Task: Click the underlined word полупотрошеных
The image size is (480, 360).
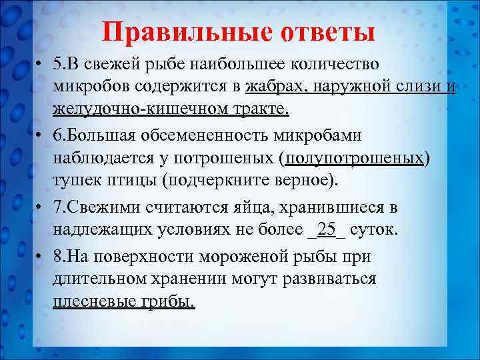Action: point(355,157)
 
